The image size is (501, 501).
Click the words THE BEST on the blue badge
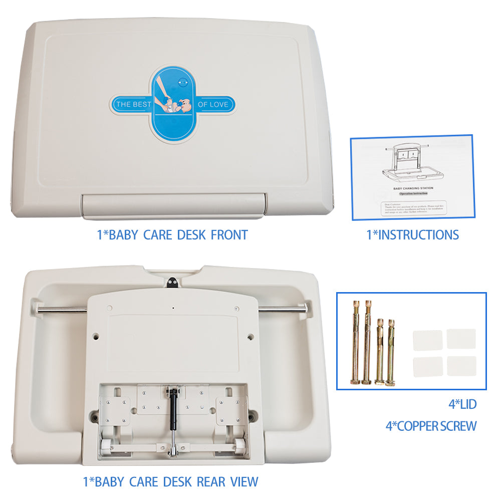[x=130, y=105]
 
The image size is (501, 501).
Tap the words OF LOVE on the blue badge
[x=213, y=104]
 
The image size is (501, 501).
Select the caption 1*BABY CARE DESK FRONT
[x=172, y=234]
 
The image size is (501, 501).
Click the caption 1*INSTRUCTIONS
[x=412, y=234]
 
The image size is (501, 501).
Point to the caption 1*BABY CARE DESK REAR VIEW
[x=170, y=482]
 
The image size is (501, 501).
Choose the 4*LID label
[x=462, y=404]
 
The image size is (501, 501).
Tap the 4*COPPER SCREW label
[x=431, y=426]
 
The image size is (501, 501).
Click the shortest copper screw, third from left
[x=379, y=351]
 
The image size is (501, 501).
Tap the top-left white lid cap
[x=427, y=340]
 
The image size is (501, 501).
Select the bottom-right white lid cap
[x=461, y=367]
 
